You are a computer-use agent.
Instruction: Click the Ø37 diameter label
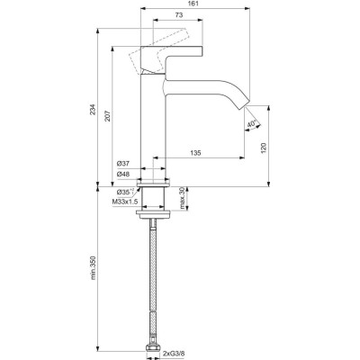point(125,163)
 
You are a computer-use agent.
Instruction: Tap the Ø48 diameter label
point(125,174)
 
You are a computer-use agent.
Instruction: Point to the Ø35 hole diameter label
point(124,193)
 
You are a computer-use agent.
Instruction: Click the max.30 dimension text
point(183,197)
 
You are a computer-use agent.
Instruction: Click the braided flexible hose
point(157,279)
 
